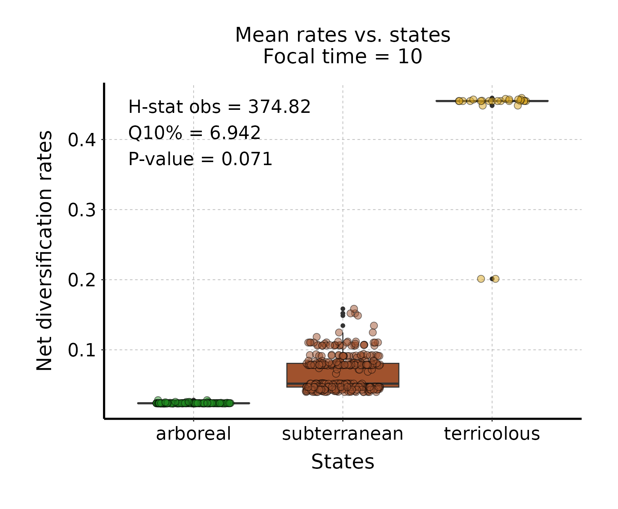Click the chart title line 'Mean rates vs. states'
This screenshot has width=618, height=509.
[x=342, y=35]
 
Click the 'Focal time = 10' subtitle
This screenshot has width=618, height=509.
[x=342, y=57]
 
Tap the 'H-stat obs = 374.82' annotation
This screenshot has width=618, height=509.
[x=219, y=107]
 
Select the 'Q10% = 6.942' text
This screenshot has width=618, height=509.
[x=194, y=133]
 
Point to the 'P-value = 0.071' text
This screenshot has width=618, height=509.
[x=200, y=159]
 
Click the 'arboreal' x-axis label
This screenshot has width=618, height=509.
[x=194, y=434]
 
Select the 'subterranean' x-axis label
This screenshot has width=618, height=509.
[x=343, y=434]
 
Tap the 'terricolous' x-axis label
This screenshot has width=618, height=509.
[x=492, y=434]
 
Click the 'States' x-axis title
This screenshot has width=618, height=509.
[x=343, y=462]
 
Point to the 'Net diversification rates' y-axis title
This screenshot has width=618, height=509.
[x=45, y=251]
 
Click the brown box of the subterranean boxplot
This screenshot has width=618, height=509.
[x=343, y=375]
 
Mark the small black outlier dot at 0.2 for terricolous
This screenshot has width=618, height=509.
[x=492, y=279]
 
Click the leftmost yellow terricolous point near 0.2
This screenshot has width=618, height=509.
[x=481, y=279]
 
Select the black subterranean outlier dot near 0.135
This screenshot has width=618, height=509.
[x=343, y=326]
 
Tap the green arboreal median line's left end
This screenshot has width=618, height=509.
[x=139, y=403]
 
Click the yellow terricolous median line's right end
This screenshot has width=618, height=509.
[x=547, y=101]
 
